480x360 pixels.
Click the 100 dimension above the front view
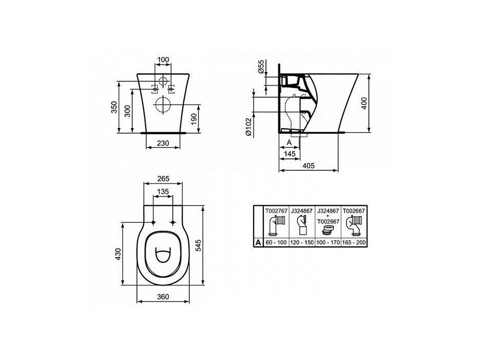coord(163,60)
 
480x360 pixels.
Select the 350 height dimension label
coord(114,107)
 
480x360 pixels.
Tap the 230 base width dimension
coord(163,143)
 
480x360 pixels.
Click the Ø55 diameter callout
coord(261,66)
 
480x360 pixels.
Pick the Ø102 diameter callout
coord(248,127)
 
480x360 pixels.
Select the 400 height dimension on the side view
coord(364,103)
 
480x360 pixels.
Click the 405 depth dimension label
coord(308,166)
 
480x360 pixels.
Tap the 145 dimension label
coord(290,154)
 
